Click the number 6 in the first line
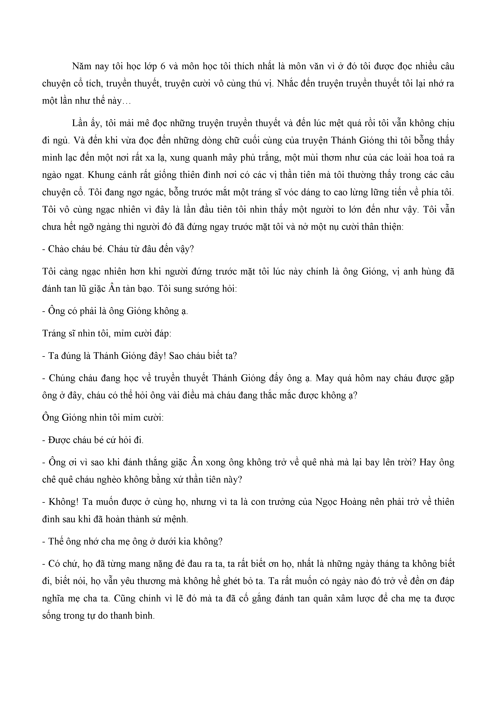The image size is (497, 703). tap(163, 66)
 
